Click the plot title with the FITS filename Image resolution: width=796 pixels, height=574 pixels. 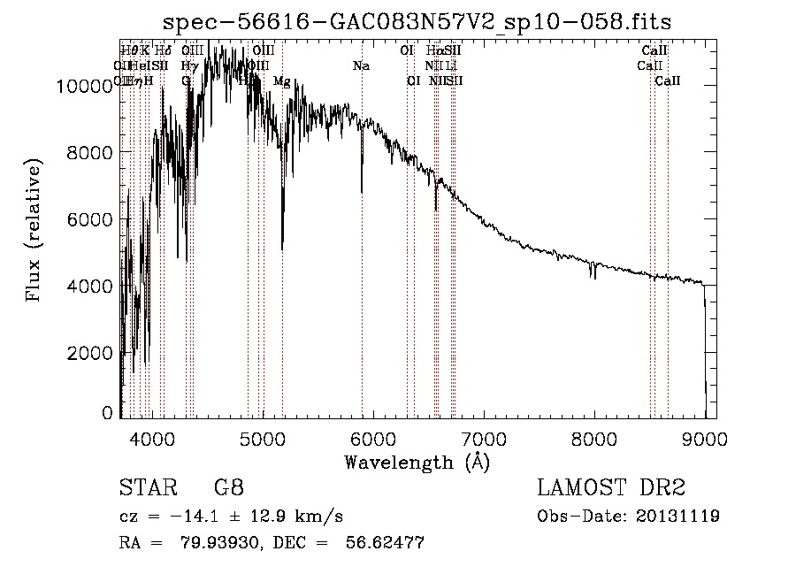[x=424, y=22]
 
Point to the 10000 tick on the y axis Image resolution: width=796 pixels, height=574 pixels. [x=87, y=86]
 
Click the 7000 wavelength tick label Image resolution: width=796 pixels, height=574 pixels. [x=483, y=437]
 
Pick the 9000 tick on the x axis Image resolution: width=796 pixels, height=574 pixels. [x=705, y=437]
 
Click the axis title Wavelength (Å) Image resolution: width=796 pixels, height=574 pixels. [x=417, y=461]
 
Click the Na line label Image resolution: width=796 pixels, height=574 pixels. [x=361, y=66]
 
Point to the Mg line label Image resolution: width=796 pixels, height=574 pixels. [x=281, y=81]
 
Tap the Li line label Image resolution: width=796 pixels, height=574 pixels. [x=451, y=66]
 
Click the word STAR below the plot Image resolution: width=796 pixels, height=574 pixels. [x=142, y=488]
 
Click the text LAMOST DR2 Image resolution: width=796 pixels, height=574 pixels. [x=611, y=488]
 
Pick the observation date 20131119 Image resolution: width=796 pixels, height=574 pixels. [x=677, y=516]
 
